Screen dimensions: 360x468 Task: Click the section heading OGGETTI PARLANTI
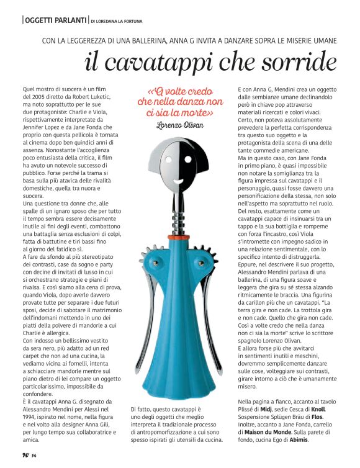[x=55, y=20]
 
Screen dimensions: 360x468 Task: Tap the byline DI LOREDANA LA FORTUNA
[x=122, y=21]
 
